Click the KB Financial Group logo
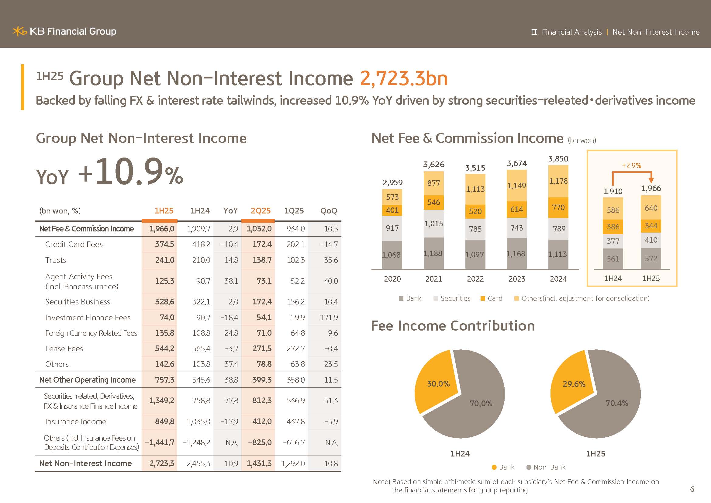coord(64,31)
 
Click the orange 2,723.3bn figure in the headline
coord(403,78)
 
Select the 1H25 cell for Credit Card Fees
coord(164,245)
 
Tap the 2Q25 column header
coord(261,211)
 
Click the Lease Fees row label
coord(64,349)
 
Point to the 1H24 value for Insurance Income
coord(198,421)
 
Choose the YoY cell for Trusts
coord(231,260)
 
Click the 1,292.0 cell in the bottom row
coord(293,464)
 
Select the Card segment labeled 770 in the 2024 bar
coord(558,207)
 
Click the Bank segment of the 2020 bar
coord(392,255)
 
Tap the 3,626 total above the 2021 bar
coord(433,165)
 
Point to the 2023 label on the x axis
coord(516,279)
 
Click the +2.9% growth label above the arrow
coord(631,166)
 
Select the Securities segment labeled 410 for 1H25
coord(651,240)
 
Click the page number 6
coord(692,489)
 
